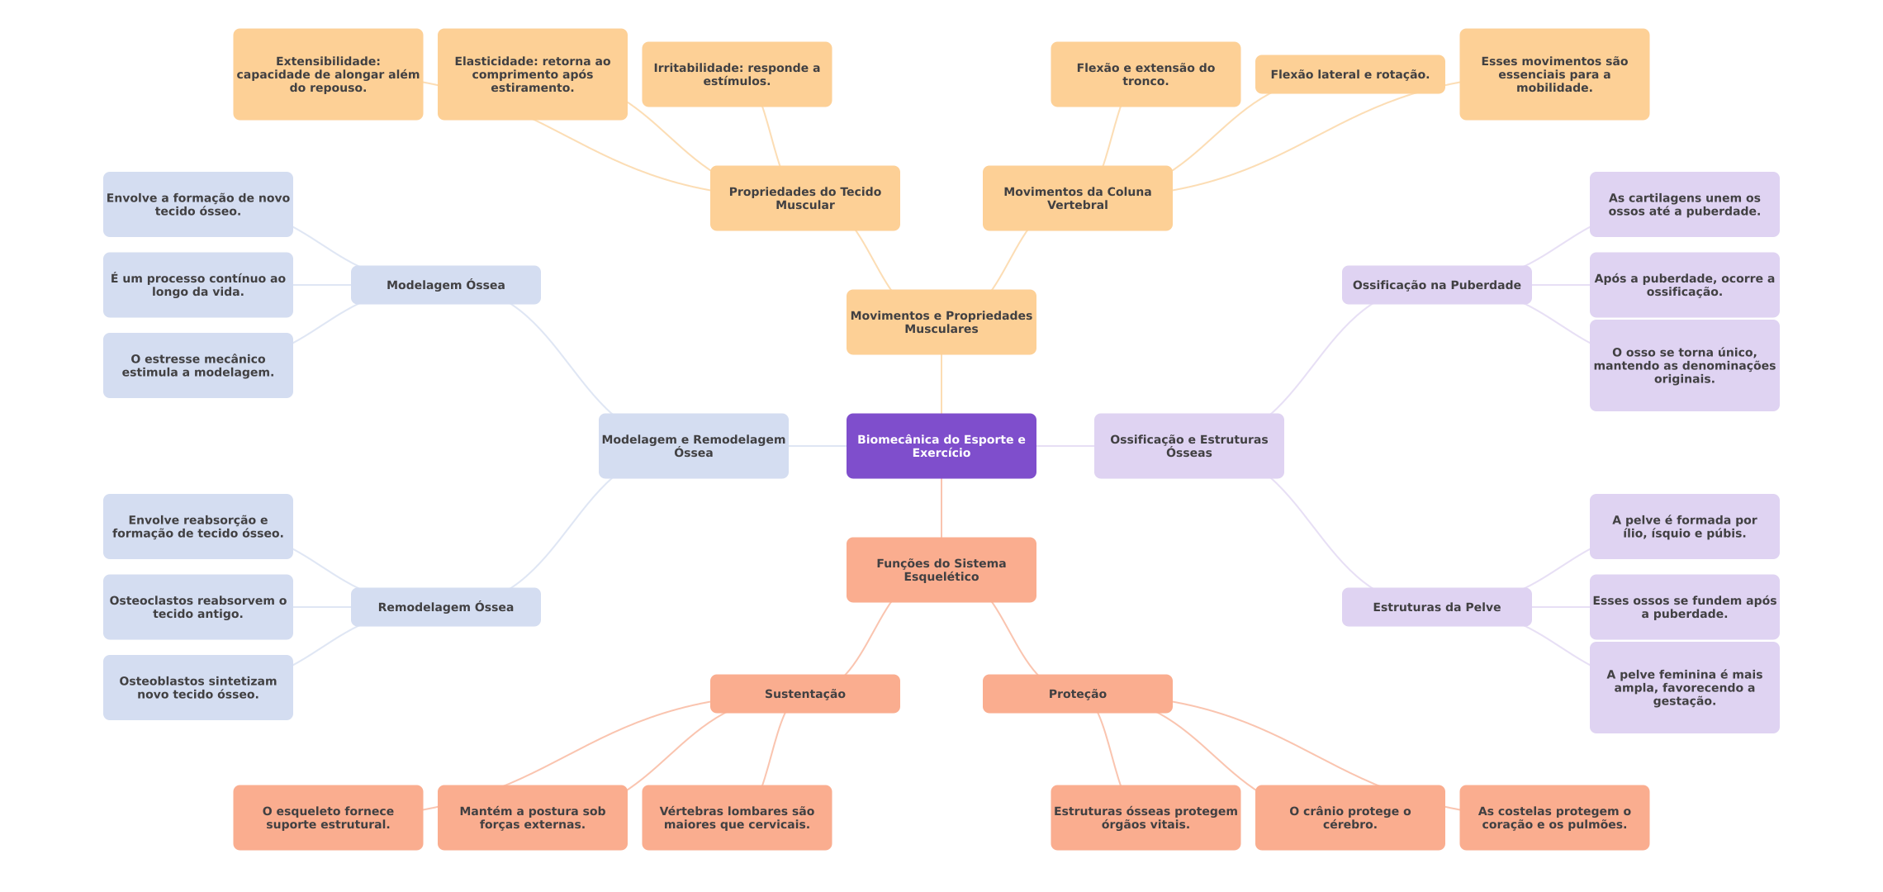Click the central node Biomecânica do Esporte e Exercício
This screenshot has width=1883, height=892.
(x=941, y=446)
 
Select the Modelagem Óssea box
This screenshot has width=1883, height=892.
(x=446, y=285)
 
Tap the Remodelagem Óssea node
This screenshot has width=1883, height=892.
(x=446, y=607)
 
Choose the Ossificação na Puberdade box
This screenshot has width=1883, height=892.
(x=1437, y=285)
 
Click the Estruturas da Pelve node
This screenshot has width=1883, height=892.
(x=1437, y=607)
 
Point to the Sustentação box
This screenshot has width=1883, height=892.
(x=805, y=694)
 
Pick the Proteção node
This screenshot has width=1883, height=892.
(x=1078, y=694)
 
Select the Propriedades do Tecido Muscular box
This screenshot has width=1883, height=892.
(x=805, y=198)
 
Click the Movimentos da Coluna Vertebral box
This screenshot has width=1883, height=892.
(x=1078, y=198)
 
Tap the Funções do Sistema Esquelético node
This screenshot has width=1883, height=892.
(x=941, y=570)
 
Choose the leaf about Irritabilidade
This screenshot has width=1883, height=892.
(x=737, y=74)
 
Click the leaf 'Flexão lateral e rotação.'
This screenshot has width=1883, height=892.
(x=1350, y=74)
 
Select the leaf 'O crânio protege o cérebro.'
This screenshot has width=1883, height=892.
(x=1350, y=818)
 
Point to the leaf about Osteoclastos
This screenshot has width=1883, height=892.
(x=198, y=607)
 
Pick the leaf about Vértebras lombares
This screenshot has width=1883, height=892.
(x=737, y=818)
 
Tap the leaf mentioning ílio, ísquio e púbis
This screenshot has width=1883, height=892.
(x=1685, y=527)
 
